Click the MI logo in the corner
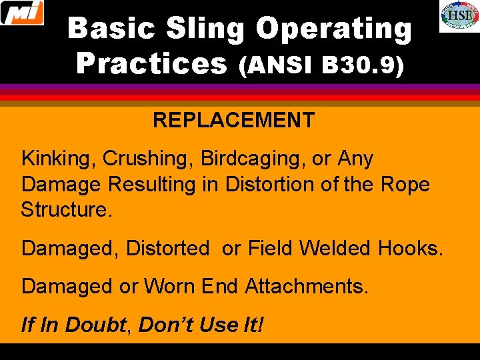[22, 13]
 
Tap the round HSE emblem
[459, 16]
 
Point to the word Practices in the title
[152, 64]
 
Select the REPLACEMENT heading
[233, 121]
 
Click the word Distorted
[167, 249]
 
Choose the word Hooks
[410, 249]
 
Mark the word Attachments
[306, 287]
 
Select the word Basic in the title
[111, 29]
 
